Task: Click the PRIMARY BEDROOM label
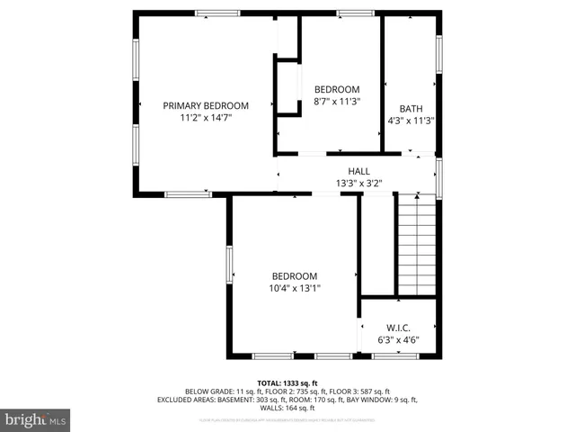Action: point(206,105)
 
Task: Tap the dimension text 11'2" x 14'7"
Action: point(206,118)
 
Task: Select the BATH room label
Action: point(411,108)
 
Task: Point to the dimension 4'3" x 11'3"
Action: point(411,121)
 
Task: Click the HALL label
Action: point(358,171)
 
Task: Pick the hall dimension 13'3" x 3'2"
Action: point(358,184)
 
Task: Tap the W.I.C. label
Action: point(398,328)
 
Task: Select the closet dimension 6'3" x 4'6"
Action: point(398,341)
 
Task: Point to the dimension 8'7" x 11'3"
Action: point(336,102)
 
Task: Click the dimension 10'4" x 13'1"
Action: point(295,288)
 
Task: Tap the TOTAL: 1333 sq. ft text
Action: point(287,382)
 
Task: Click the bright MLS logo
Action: point(36,418)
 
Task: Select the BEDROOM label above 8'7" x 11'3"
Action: point(336,89)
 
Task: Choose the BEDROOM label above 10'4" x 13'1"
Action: point(295,275)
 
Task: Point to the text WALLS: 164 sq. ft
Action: point(287,408)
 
